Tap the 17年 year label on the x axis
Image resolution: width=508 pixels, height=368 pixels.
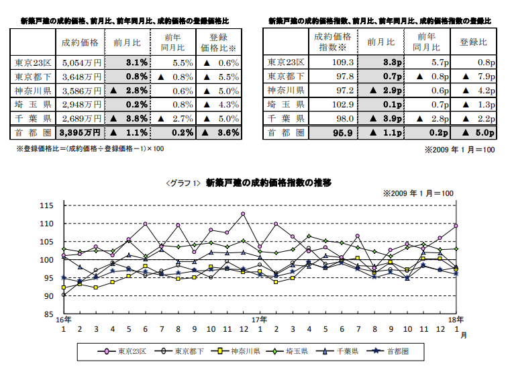click(x=260, y=320)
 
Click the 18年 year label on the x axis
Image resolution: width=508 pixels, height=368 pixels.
click(x=456, y=320)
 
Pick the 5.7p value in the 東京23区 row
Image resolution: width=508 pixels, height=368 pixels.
click(x=427, y=62)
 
